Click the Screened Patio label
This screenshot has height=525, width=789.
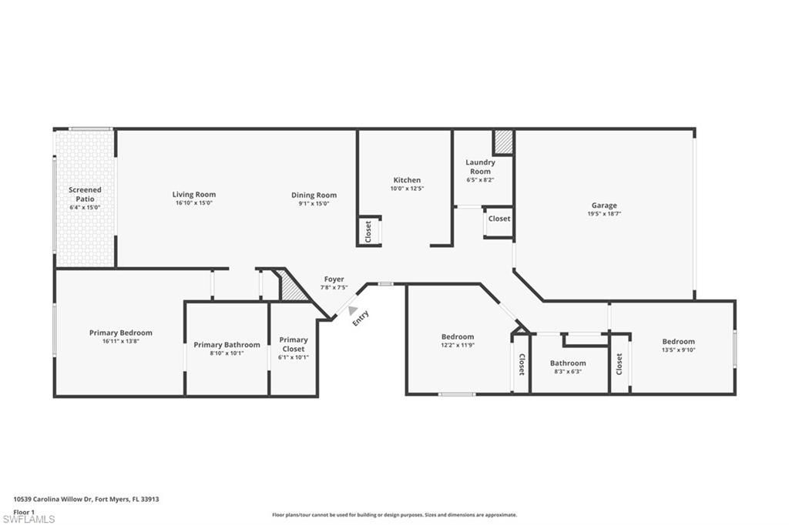pyautogui.click(x=85, y=193)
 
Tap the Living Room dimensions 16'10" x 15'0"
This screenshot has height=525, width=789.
pyautogui.click(x=193, y=203)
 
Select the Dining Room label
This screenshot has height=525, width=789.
pyautogui.click(x=314, y=195)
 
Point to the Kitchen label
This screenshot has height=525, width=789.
pyautogui.click(x=407, y=180)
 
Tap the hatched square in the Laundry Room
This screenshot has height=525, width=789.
pyautogui.click(x=503, y=142)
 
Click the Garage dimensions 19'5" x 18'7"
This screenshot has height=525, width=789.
pyautogui.click(x=604, y=214)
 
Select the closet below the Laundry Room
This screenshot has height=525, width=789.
pyautogui.click(x=499, y=219)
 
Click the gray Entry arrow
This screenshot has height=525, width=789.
pyautogui.click(x=353, y=310)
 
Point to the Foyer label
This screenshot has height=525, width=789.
pyautogui.click(x=334, y=279)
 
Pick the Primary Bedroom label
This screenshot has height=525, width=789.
pyautogui.click(x=120, y=333)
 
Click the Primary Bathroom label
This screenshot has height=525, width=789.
pyautogui.click(x=227, y=345)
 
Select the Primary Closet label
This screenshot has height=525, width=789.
pyautogui.click(x=293, y=344)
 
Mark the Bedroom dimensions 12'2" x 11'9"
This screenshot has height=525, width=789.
pyautogui.click(x=457, y=346)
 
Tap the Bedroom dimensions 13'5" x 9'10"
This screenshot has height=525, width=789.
pyautogui.click(x=678, y=350)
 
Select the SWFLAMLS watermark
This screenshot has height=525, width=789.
pyautogui.click(x=29, y=519)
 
